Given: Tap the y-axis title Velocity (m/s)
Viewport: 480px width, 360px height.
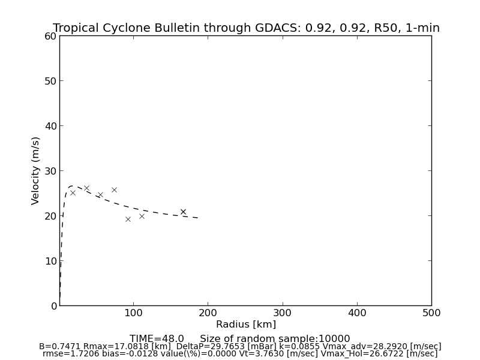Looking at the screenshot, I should click(x=36, y=170).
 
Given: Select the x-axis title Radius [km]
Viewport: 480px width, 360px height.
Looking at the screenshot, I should click(x=246, y=325).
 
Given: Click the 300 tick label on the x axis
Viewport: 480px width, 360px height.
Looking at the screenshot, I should click(x=283, y=313).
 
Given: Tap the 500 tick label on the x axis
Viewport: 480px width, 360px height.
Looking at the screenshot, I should click(x=431, y=313).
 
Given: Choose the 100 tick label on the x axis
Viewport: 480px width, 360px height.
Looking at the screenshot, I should click(x=134, y=313).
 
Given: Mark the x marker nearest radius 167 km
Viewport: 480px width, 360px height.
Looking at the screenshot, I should click(x=183, y=212).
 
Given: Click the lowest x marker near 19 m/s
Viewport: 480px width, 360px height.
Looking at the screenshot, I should click(x=128, y=219).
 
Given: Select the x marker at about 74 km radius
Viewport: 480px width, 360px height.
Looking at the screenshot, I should click(x=114, y=190).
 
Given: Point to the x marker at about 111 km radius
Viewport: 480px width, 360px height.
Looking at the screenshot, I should click(x=142, y=216).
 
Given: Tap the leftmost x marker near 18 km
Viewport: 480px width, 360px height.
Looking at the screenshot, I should click(x=73, y=193).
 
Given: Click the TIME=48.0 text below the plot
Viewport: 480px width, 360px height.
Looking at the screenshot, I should click(x=157, y=339).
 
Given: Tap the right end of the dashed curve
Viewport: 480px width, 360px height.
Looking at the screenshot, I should click(x=198, y=218).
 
